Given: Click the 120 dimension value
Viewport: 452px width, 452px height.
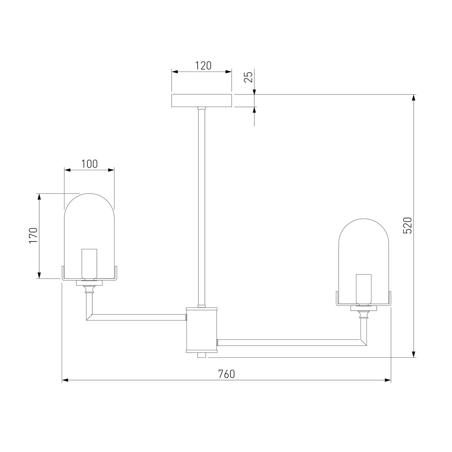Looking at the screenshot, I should tap(203, 66).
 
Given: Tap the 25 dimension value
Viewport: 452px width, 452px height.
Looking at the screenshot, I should tap(248, 77).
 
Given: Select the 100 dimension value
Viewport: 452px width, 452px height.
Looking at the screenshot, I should tap(89, 164).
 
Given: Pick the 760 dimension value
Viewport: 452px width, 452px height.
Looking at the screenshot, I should tap(226, 374).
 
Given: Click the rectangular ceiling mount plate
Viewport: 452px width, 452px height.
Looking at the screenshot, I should tap(202, 101).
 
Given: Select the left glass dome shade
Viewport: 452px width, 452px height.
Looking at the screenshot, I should tap(89, 226).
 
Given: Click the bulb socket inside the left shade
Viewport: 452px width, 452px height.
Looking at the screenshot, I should tap(90, 264).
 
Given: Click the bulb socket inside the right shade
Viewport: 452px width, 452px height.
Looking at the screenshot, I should tap(363, 288).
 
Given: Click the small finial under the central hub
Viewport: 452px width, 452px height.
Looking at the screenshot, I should tap(202, 355).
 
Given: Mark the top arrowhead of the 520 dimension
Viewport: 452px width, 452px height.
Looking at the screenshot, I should tap(414, 98).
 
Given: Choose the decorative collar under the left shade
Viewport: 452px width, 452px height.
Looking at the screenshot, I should tap(89, 289).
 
